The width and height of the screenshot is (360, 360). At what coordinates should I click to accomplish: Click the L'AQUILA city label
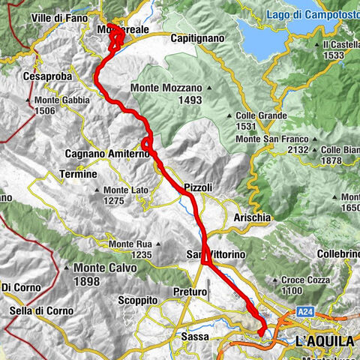pos(325,341)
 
